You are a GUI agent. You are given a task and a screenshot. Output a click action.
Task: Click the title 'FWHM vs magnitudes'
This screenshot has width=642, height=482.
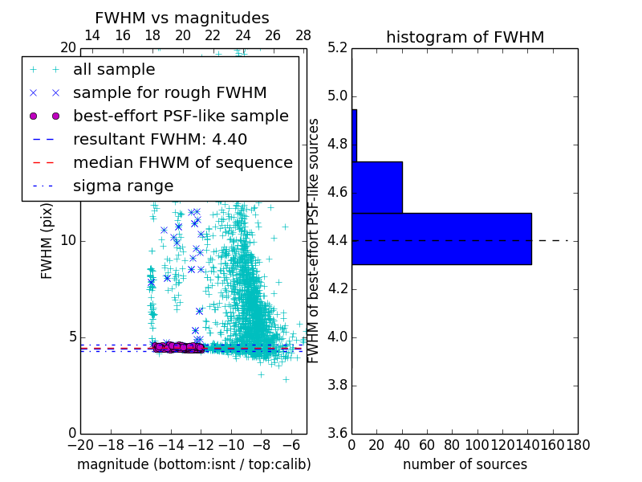pos(182,18)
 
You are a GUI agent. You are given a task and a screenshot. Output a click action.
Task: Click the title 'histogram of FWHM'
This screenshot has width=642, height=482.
pos(465,37)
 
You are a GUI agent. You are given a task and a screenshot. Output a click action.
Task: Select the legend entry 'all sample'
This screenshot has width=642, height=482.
pos(114,70)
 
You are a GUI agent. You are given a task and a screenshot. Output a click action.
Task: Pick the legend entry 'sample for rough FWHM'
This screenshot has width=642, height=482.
pos(169,92)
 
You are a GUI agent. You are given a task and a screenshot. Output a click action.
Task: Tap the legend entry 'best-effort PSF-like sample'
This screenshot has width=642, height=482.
pos(181,116)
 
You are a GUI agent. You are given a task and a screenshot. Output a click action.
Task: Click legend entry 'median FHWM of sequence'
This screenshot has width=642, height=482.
pos(182,162)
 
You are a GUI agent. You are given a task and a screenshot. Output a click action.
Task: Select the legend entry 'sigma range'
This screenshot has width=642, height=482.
pos(123,186)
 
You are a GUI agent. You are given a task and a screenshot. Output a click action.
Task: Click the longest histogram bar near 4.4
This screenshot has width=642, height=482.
pos(441,239)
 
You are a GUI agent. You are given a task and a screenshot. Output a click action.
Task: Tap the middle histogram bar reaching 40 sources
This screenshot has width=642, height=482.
pos(377,187)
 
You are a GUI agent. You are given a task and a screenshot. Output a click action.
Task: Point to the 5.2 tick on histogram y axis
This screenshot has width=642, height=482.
pos(338,48)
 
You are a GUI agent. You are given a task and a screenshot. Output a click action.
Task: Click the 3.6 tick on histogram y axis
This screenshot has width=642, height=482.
pos(338,432)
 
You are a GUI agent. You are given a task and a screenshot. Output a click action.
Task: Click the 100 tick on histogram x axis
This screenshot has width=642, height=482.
pos(477,444)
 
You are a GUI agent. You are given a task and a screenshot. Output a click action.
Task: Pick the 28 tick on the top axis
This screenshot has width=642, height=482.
pos(303,35)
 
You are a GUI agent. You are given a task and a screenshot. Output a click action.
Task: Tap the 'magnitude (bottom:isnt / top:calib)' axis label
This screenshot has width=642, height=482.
pos(193,464)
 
